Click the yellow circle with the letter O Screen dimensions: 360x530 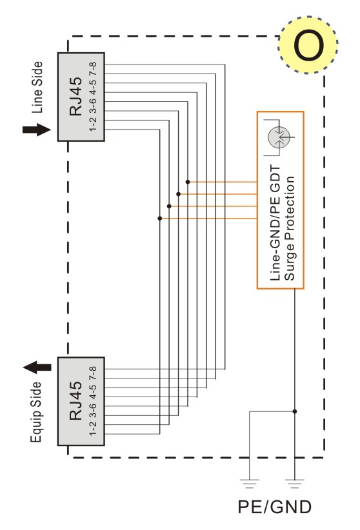coord(308,44)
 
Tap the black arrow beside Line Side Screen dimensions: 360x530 coord(37,130)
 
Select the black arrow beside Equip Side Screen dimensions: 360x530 coord(37,368)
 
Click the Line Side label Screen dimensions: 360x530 coord(37,87)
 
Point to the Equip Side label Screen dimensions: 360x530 coord(36,413)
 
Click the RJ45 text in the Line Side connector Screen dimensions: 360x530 coord(75,96)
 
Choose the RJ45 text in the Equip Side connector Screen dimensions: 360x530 coord(75,401)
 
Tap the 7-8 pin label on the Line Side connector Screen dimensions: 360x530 coord(93,68)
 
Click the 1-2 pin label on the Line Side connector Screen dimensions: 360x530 coord(93,124)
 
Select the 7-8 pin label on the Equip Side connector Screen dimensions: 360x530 coord(93,373)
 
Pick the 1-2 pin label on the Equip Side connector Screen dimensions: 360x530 coord(93,429)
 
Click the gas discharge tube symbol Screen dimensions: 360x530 coord(279,137)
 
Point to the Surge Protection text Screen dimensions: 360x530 coord(290,228)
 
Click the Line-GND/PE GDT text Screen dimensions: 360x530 coord(275,223)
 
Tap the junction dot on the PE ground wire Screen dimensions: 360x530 coord(295,411)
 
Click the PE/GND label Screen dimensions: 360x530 coord(274,507)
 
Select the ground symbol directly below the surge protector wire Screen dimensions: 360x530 coord(295,484)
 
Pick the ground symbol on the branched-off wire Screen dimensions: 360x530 coord(250,484)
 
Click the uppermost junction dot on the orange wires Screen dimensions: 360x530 coord(188,182)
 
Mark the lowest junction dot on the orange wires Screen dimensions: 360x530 coord(160,219)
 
